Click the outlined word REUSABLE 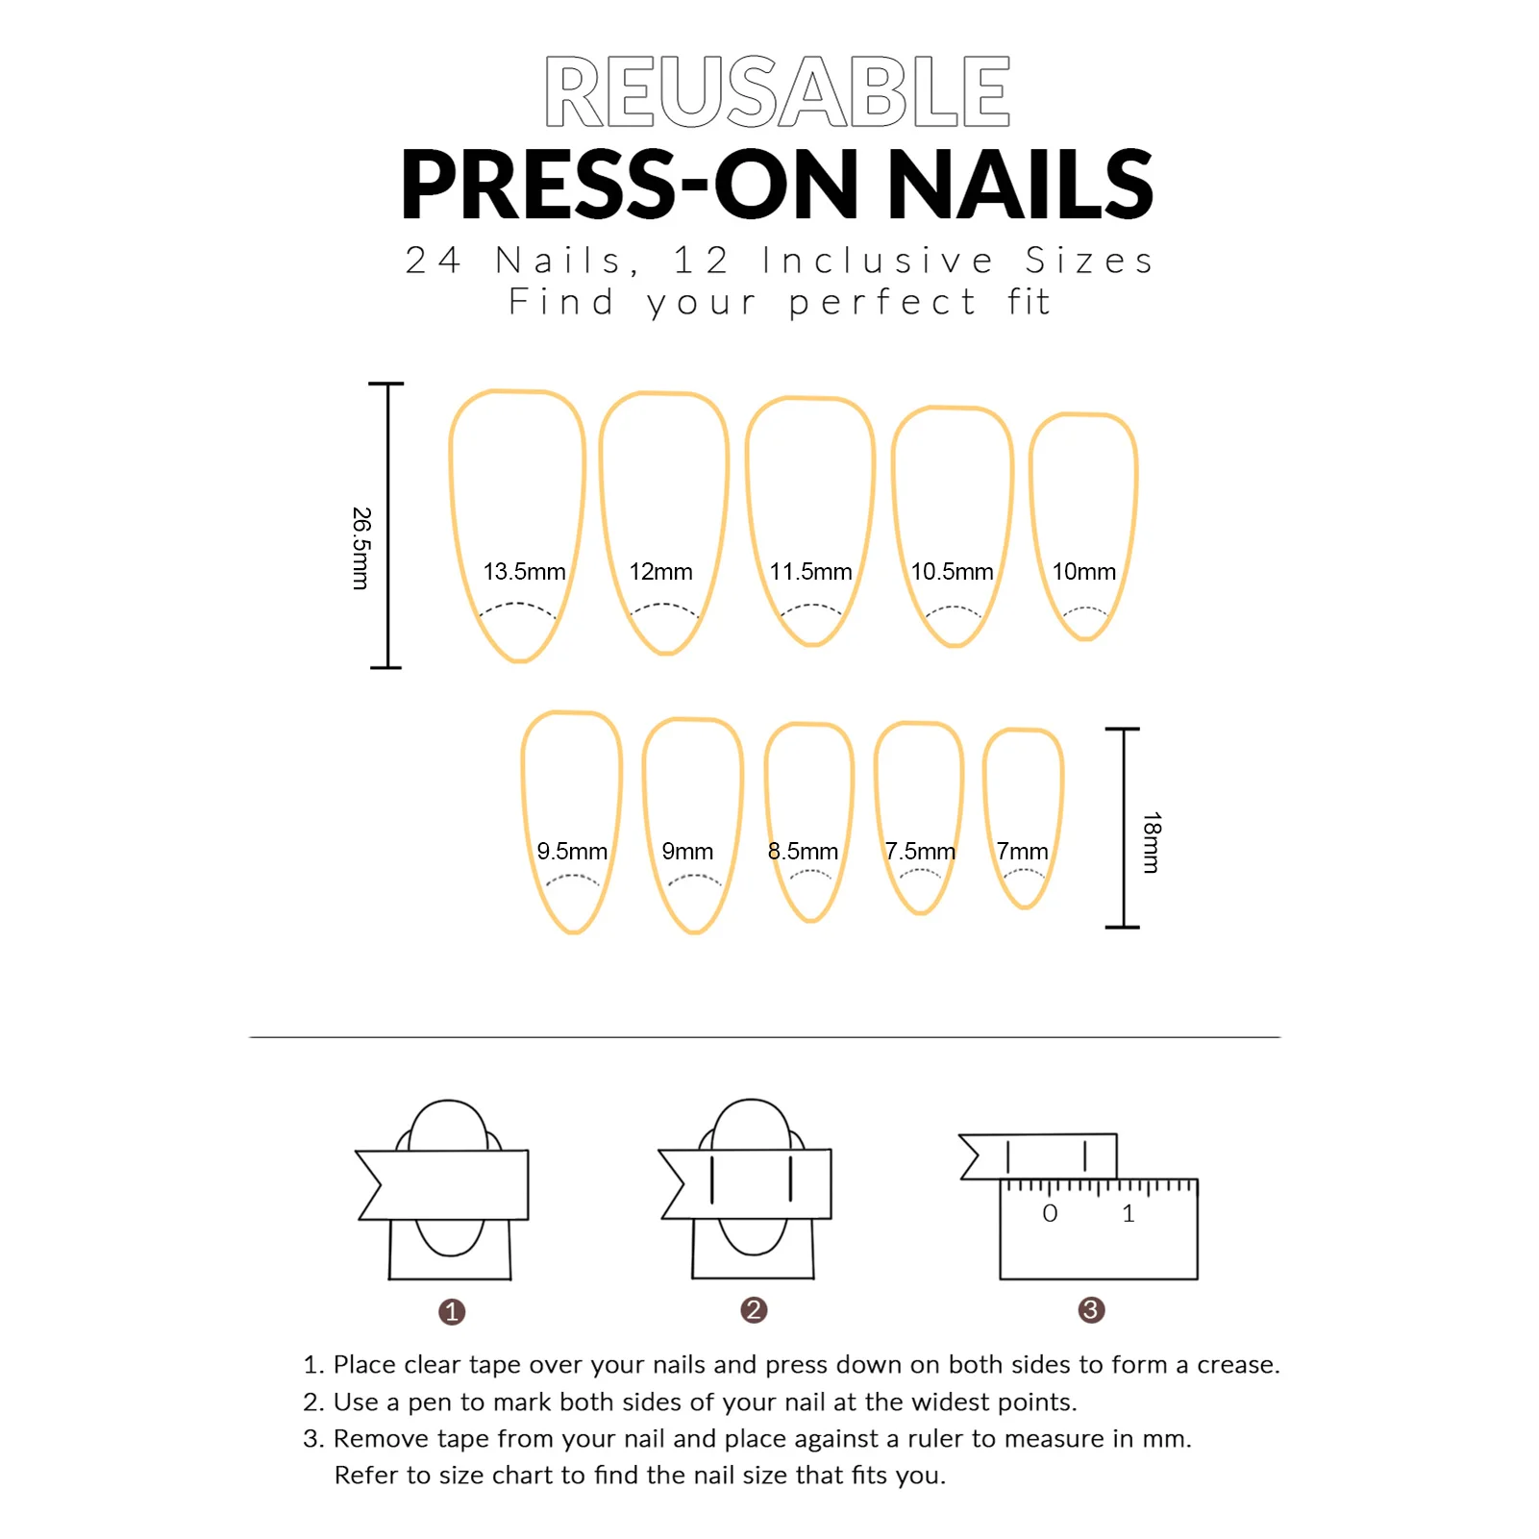[x=777, y=91]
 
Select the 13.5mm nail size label [x=524, y=572]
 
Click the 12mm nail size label [x=660, y=572]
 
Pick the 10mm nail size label [x=1083, y=572]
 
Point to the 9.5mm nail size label [x=572, y=852]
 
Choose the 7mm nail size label [x=1022, y=852]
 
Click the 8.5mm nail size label [x=803, y=852]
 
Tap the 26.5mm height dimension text [x=360, y=548]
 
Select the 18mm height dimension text [x=1152, y=842]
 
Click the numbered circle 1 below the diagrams [x=452, y=1311]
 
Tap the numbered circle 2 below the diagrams [x=754, y=1309]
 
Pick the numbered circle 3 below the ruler [x=1091, y=1309]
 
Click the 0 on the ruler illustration [x=1050, y=1214]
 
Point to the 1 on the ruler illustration [x=1129, y=1214]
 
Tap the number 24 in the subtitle [x=433, y=261]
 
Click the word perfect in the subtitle [x=882, y=303]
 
